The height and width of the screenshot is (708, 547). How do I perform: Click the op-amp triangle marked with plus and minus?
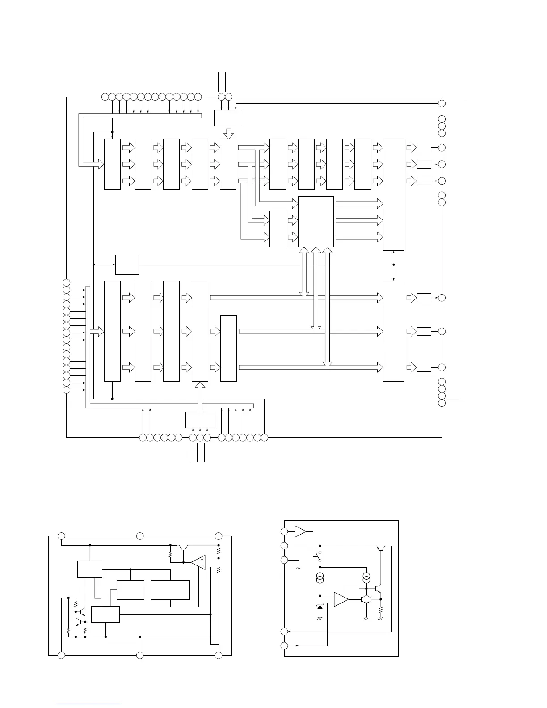(198, 562)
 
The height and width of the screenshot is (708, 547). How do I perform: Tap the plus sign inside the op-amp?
(202, 559)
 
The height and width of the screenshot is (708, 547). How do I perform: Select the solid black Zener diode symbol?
(320, 607)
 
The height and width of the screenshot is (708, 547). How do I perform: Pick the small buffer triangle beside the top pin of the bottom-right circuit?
(301, 531)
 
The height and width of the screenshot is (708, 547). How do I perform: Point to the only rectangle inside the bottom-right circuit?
(351, 588)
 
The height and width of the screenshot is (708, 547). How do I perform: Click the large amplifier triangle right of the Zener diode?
(341, 600)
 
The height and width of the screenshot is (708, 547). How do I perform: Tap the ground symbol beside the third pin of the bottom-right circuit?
(299, 568)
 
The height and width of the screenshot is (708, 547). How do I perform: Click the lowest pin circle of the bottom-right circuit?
(284, 646)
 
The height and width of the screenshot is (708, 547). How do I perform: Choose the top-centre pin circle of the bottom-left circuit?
(140, 535)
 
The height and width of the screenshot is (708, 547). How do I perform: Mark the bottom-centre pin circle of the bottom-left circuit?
(140, 655)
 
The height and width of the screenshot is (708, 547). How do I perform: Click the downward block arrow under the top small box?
(228, 133)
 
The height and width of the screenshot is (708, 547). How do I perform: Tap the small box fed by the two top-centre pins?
(228, 118)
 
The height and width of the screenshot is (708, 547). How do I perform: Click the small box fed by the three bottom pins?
(200, 420)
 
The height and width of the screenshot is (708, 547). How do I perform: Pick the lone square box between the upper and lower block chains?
(127, 265)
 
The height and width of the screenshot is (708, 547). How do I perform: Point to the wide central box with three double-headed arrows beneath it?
(316, 221)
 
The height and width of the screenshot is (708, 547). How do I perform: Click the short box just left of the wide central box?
(278, 228)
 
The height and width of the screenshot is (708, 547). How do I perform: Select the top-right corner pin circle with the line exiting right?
(442, 103)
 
